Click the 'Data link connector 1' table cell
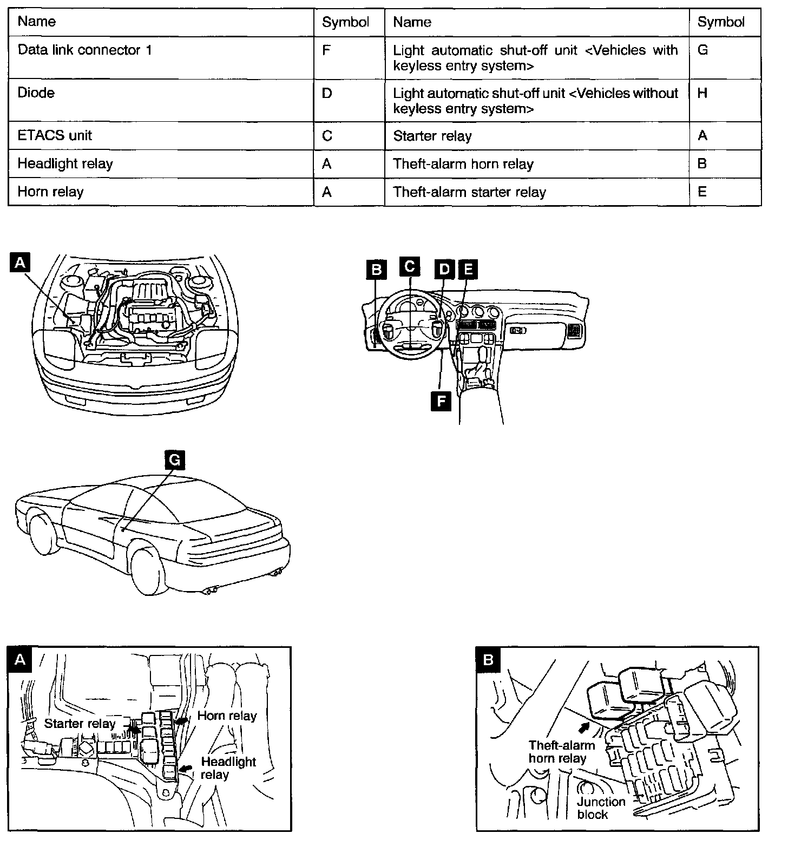click(x=85, y=50)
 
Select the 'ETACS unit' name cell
click(x=55, y=135)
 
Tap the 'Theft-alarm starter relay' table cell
click(x=469, y=192)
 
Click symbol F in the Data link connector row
click(x=326, y=50)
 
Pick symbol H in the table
click(x=702, y=93)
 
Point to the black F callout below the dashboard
click(x=441, y=401)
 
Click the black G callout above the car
click(x=174, y=460)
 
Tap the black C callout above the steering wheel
click(x=410, y=266)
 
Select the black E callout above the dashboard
click(x=468, y=269)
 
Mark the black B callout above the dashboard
click(x=377, y=270)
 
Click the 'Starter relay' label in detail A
click(x=80, y=724)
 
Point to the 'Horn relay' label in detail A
click(x=227, y=716)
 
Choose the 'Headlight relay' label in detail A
click(x=228, y=768)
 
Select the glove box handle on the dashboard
click(x=518, y=330)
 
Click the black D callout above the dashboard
click(x=444, y=269)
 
